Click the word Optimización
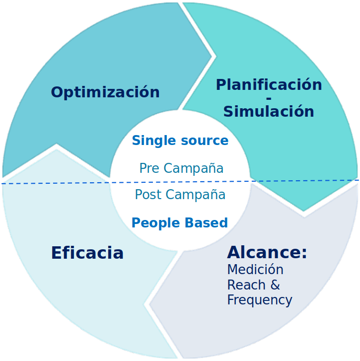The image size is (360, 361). [x=105, y=92]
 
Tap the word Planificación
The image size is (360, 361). [x=269, y=85]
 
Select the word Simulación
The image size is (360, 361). [x=269, y=112]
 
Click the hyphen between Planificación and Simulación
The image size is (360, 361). [x=269, y=99]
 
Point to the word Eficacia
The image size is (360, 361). [x=87, y=253]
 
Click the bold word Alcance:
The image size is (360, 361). [x=267, y=253]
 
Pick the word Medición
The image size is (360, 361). [x=255, y=270]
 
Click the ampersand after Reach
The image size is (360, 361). [x=275, y=285]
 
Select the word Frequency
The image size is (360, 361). [x=259, y=300]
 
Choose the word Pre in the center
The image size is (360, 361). [x=148, y=168]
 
